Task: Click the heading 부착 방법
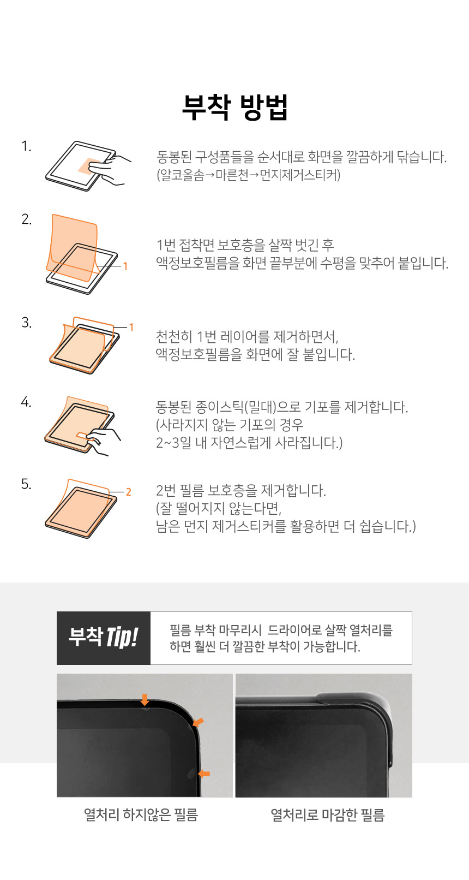[x=235, y=107]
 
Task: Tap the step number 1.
[x=26, y=146]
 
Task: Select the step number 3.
[x=26, y=323]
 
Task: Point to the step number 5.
[x=26, y=484]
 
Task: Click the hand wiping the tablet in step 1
[x=112, y=169]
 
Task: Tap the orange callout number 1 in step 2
[x=125, y=266]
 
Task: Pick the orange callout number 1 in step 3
[x=131, y=327]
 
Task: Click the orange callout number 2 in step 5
[x=128, y=492]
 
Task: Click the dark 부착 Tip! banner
[x=104, y=638]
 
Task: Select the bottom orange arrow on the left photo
[x=204, y=774]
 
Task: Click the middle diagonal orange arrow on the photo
[x=199, y=722]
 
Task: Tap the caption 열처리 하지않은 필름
[x=141, y=815]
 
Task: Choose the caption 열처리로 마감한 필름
[x=328, y=815]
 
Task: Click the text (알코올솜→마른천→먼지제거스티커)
[x=249, y=175]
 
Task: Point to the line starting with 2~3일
[x=249, y=443]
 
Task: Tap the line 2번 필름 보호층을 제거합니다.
[x=241, y=490]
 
